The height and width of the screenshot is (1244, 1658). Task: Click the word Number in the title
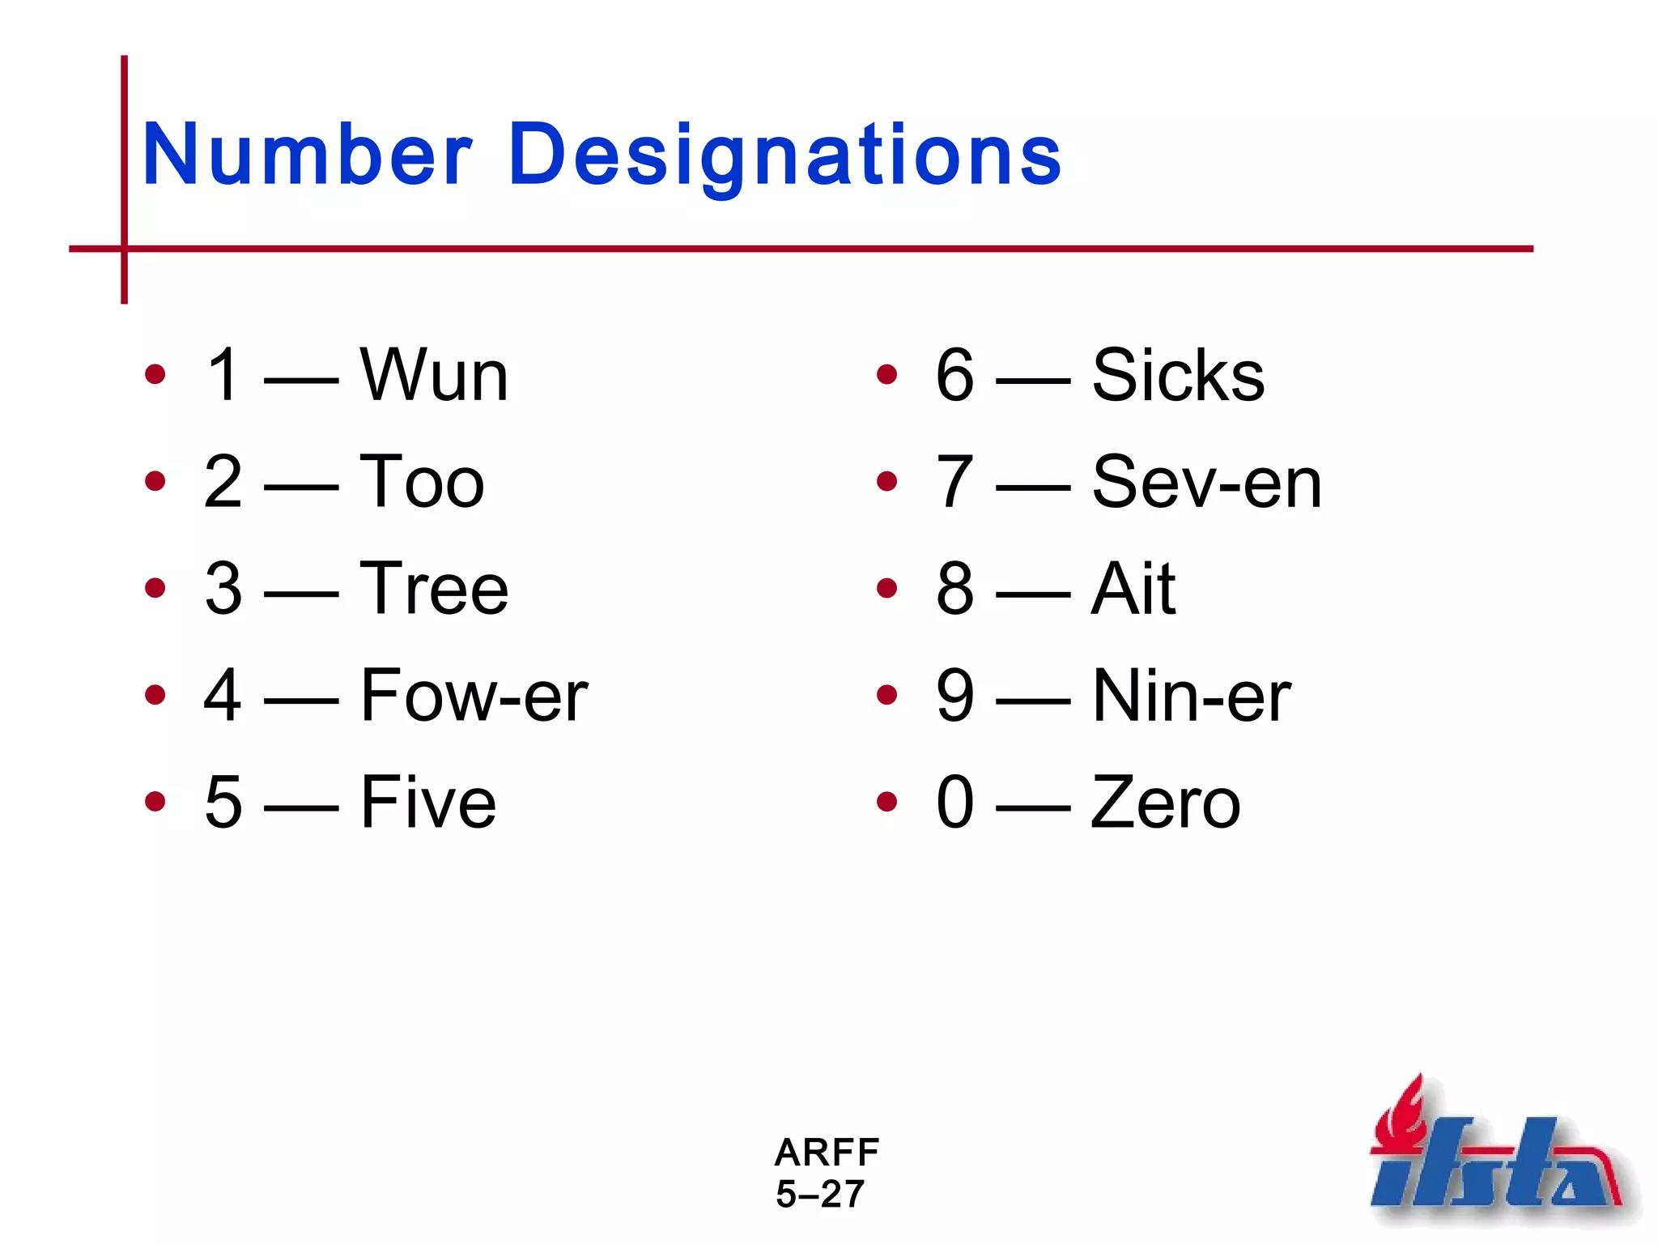(x=307, y=155)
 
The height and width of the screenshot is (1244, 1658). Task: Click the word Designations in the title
(x=784, y=156)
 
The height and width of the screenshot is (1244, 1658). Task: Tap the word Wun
(x=434, y=376)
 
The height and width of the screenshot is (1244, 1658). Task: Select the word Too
(x=422, y=482)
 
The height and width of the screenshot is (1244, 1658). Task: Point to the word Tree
(x=434, y=589)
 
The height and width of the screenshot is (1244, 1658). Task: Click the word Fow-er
(x=474, y=696)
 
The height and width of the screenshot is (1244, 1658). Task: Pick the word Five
(x=427, y=802)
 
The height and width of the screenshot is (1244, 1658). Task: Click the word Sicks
(x=1178, y=376)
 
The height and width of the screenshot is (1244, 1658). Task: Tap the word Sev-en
(x=1206, y=482)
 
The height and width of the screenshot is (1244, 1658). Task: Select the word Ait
(x=1133, y=589)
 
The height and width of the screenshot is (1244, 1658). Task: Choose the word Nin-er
(x=1191, y=696)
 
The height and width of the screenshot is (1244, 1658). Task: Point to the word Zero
(x=1165, y=802)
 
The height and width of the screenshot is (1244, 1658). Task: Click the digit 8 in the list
(x=955, y=589)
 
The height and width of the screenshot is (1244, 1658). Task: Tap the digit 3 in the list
(x=223, y=589)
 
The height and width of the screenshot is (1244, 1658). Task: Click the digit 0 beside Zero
(x=955, y=802)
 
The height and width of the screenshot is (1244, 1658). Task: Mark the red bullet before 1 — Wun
(x=155, y=374)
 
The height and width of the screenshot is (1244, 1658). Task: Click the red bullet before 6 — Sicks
(x=887, y=374)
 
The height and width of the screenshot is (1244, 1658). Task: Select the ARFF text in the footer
(x=827, y=1152)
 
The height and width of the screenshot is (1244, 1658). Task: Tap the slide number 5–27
(x=820, y=1194)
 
